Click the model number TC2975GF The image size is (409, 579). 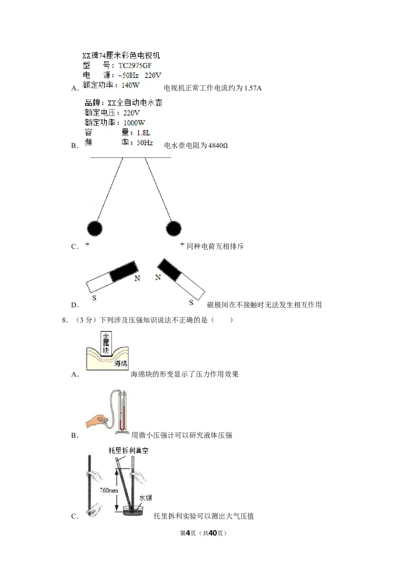[135, 66]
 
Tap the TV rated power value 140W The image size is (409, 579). [130, 85]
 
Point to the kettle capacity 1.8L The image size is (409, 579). [144, 132]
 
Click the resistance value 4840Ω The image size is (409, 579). [218, 145]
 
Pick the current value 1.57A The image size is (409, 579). [253, 88]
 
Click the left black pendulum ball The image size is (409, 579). [95, 229]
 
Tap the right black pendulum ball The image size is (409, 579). [173, 229]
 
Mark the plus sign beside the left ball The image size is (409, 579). [87, 244]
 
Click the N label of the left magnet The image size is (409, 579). [138, 278]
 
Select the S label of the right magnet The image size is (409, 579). [191, 303]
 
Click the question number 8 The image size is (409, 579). [64, 320]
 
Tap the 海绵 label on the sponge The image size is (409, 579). [120, 364]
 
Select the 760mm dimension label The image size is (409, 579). [108, 491]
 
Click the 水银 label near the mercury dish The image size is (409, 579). [145, 498]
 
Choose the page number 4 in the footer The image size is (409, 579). [188, 533]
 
